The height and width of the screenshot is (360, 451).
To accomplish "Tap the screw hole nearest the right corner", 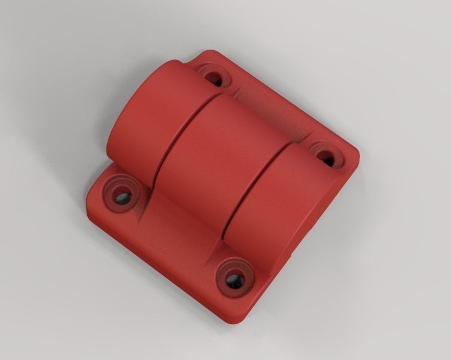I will tap(324, 157).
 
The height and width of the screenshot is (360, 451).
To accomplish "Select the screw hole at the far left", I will tap(123, 197).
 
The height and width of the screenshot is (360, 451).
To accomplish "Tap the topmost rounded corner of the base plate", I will tap(209, 54).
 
